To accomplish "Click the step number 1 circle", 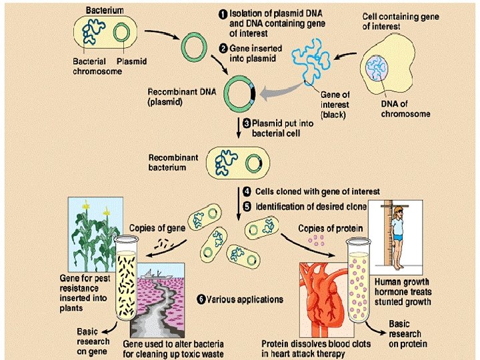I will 225,11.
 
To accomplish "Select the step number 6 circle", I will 200,299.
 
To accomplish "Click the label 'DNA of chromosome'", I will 405,109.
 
